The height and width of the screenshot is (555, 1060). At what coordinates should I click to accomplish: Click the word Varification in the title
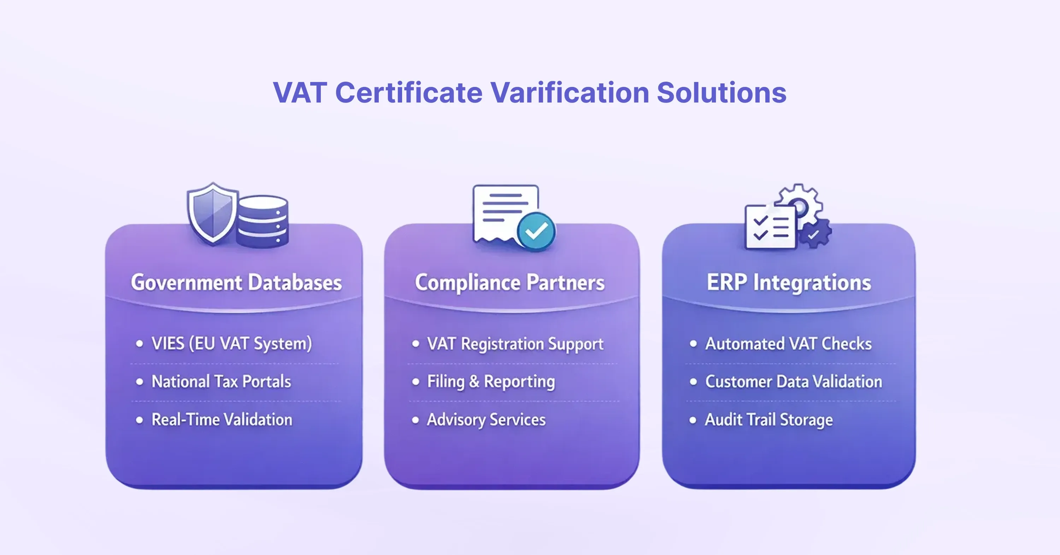pos(570,92)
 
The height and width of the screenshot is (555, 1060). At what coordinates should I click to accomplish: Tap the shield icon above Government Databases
pos(213,213)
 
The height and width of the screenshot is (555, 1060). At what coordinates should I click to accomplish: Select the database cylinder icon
pos(262,222)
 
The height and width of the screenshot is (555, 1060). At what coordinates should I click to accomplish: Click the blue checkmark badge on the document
pos(536,232)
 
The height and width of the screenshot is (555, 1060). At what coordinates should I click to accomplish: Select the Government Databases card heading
pos(236,283)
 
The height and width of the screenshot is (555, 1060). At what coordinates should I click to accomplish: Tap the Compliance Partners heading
pos(510,283)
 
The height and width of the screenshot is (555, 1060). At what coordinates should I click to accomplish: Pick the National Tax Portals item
pos(222,382)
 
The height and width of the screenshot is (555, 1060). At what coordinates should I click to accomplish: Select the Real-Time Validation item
pos(222,420)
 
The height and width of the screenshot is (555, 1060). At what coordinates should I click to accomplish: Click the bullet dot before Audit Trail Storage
pos(693,420)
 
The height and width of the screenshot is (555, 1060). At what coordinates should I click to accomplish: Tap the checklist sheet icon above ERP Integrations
pos(770,227)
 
